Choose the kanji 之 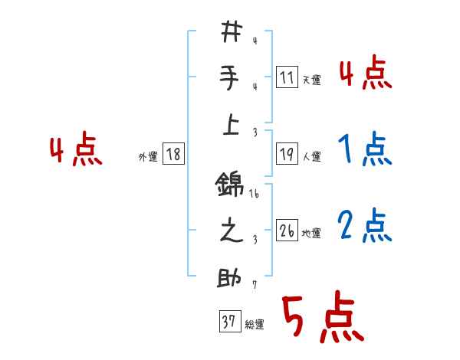tap(231, 232)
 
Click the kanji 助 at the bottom tap(231, 277)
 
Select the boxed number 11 tap(287, 77)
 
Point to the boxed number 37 tap(228, 322)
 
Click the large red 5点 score tap(322, 318)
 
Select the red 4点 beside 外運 tap(76, 151)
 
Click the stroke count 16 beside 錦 tap(254, 195)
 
